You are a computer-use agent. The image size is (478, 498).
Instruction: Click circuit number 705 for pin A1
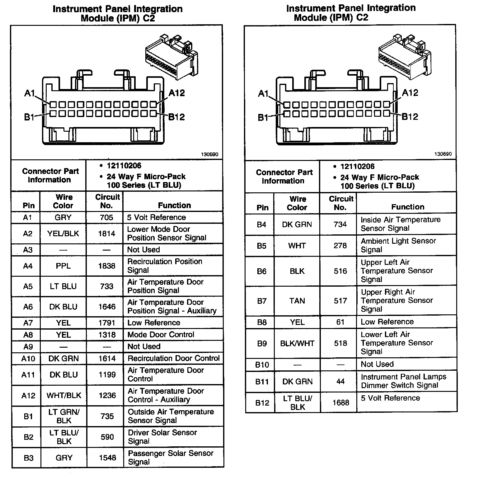point(106,217)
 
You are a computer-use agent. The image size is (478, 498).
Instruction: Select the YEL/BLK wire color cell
point(63,233)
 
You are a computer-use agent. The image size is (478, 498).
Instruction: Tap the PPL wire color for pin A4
point(63,266)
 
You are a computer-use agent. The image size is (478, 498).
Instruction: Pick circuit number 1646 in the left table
point(107,307)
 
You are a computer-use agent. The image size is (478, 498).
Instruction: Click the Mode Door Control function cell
point(161,335)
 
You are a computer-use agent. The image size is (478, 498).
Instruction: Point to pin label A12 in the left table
point(28,395)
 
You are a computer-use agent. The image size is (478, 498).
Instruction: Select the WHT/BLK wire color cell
point(64,395)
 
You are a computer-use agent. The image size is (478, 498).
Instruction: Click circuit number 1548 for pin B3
point(107,458)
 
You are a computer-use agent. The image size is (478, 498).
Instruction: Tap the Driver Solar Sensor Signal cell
point(162,437)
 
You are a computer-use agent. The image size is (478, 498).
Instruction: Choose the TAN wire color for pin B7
point(297,301)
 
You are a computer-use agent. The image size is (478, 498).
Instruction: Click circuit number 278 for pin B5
point(340,246)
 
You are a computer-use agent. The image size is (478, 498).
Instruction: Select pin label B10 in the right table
point(262,364)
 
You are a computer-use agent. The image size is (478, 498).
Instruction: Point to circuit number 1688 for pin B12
point(340,402)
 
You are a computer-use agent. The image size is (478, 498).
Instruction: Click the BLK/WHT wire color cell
point(297,343)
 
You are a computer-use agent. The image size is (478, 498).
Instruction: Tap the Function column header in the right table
point(408,207)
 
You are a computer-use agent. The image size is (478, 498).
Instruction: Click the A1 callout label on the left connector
point(30,93)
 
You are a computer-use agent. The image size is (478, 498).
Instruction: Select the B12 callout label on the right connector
point(411,117)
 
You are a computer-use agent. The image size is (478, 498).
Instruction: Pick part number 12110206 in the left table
point(124,166)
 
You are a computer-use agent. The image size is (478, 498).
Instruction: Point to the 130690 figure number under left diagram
point(209,154)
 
